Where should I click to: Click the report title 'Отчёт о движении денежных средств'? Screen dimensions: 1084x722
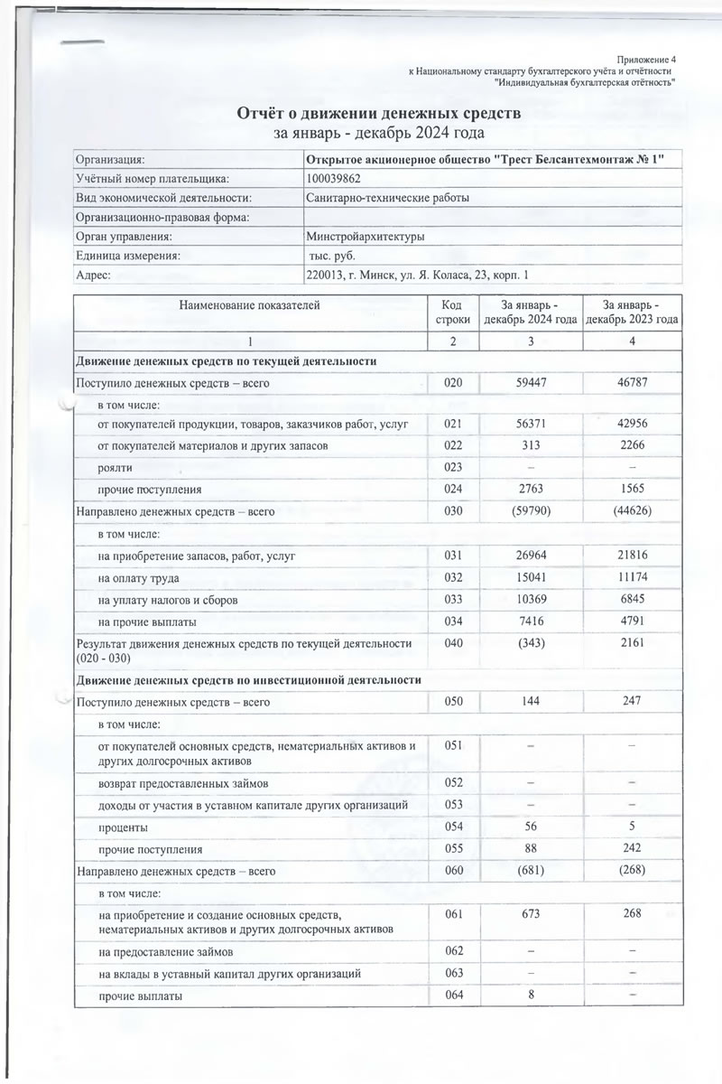tap(378, 115)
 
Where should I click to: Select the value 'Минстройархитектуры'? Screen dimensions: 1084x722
tap(366, 237)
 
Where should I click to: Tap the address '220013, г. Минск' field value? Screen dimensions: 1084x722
tap(417, 275)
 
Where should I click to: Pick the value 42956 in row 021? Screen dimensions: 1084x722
tap(632, 423)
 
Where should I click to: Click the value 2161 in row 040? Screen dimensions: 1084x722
tap(632, 643)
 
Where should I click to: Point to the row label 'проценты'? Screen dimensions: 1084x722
tap(124, 827)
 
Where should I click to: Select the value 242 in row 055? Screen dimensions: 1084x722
tap(632, 850)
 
